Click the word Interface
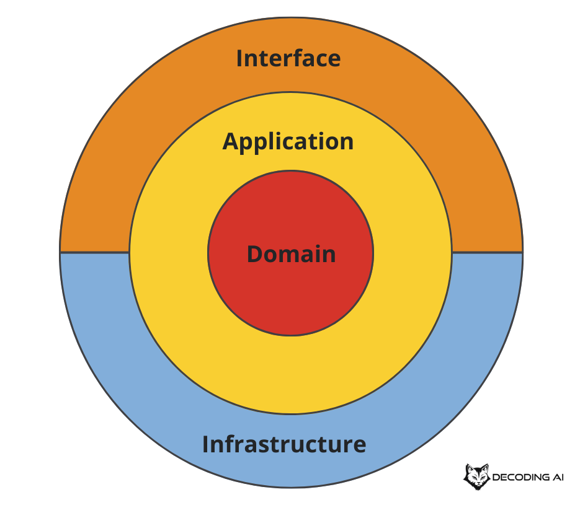point(288,58)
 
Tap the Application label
point(288,142)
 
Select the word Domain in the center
point(292,254)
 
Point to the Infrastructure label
point(284,444)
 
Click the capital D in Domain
point(254,254)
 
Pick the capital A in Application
point(230,141)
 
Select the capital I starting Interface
point(240,58)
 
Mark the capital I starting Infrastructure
point(206,444)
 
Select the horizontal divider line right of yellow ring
point(487,252)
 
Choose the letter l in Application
point(269,141)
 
